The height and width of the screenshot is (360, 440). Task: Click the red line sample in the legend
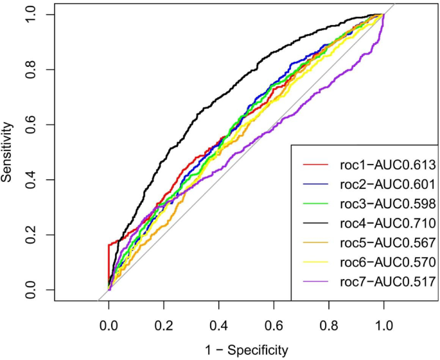(x=317, y=165)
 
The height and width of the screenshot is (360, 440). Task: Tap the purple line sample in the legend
(x=317, y=281)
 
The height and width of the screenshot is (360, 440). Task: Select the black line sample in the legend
(x=317, y=223)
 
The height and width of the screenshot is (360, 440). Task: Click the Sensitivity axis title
(x=8, y=152)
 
